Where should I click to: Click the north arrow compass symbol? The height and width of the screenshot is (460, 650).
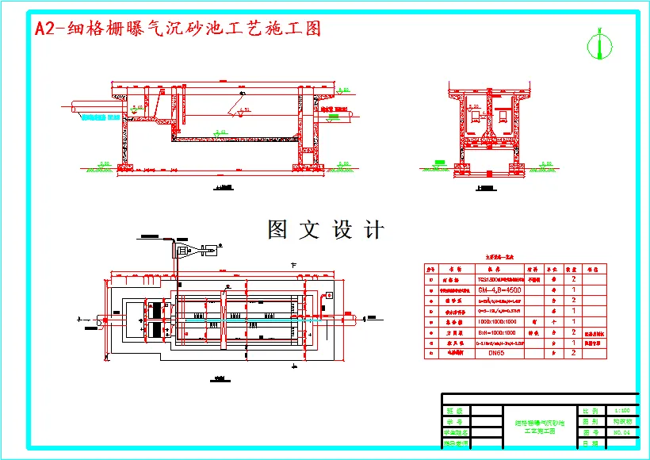click(599, 45)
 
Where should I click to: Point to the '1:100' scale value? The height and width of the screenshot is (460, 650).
click(621, 411)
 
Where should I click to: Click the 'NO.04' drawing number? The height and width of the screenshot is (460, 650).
click(621, 433)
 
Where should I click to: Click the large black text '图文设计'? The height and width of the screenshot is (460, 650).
click(326, 230)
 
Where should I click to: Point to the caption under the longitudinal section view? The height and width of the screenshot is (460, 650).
click(225, 188)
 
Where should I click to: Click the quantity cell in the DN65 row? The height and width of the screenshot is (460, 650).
click(572, 354)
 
